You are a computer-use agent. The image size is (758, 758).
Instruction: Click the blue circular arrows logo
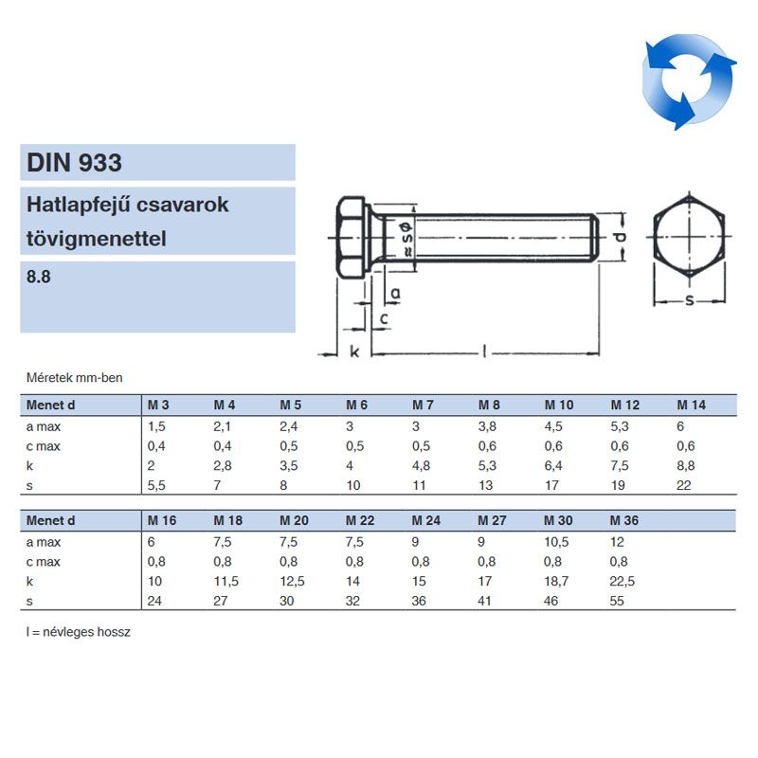tap(689, 81)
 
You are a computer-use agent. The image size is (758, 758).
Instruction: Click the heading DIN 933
tap(74, 163)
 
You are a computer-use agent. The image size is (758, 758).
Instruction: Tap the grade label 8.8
tap(40, 279)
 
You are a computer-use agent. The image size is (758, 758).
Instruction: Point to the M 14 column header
tap(691, 406)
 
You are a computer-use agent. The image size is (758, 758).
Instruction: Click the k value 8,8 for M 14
tap(685, 465)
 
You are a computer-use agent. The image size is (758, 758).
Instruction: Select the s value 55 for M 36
tap(618, 601)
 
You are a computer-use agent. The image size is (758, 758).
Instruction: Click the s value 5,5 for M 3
tap(156, 485)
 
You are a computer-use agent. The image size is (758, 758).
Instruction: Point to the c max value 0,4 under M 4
tap(223, 445)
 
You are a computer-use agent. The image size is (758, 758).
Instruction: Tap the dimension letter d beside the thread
tap(619, 237)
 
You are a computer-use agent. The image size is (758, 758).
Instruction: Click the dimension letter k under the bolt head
tap(354, 352)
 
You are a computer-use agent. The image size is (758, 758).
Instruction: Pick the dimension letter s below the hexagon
tap(689, 301)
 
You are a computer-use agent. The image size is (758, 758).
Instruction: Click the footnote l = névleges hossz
tap(78, 632)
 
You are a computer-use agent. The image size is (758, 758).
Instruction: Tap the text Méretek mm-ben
tap(74, 378)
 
